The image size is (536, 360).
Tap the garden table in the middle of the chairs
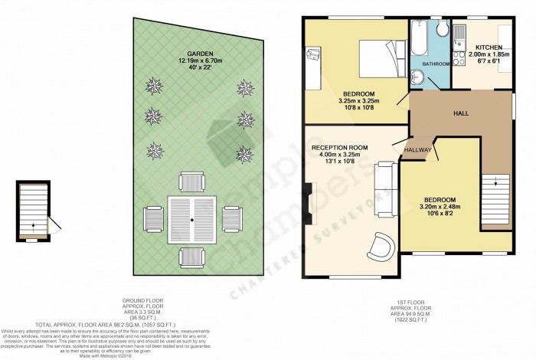pyautogui.click(x=193, y=218)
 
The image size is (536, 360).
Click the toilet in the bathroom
pyautogui.click(x=442, y=28)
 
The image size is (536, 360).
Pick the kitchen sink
pyautogui.click(x=458, y=34)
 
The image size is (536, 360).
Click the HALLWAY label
pyautogui.click(x=419, y=149)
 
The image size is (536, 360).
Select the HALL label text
pyautogui.click(x=461, y=113)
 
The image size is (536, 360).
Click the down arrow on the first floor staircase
pyautogui.click(x=495, y=183)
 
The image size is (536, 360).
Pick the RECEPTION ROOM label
pyautogui.click(x=340, y=147)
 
